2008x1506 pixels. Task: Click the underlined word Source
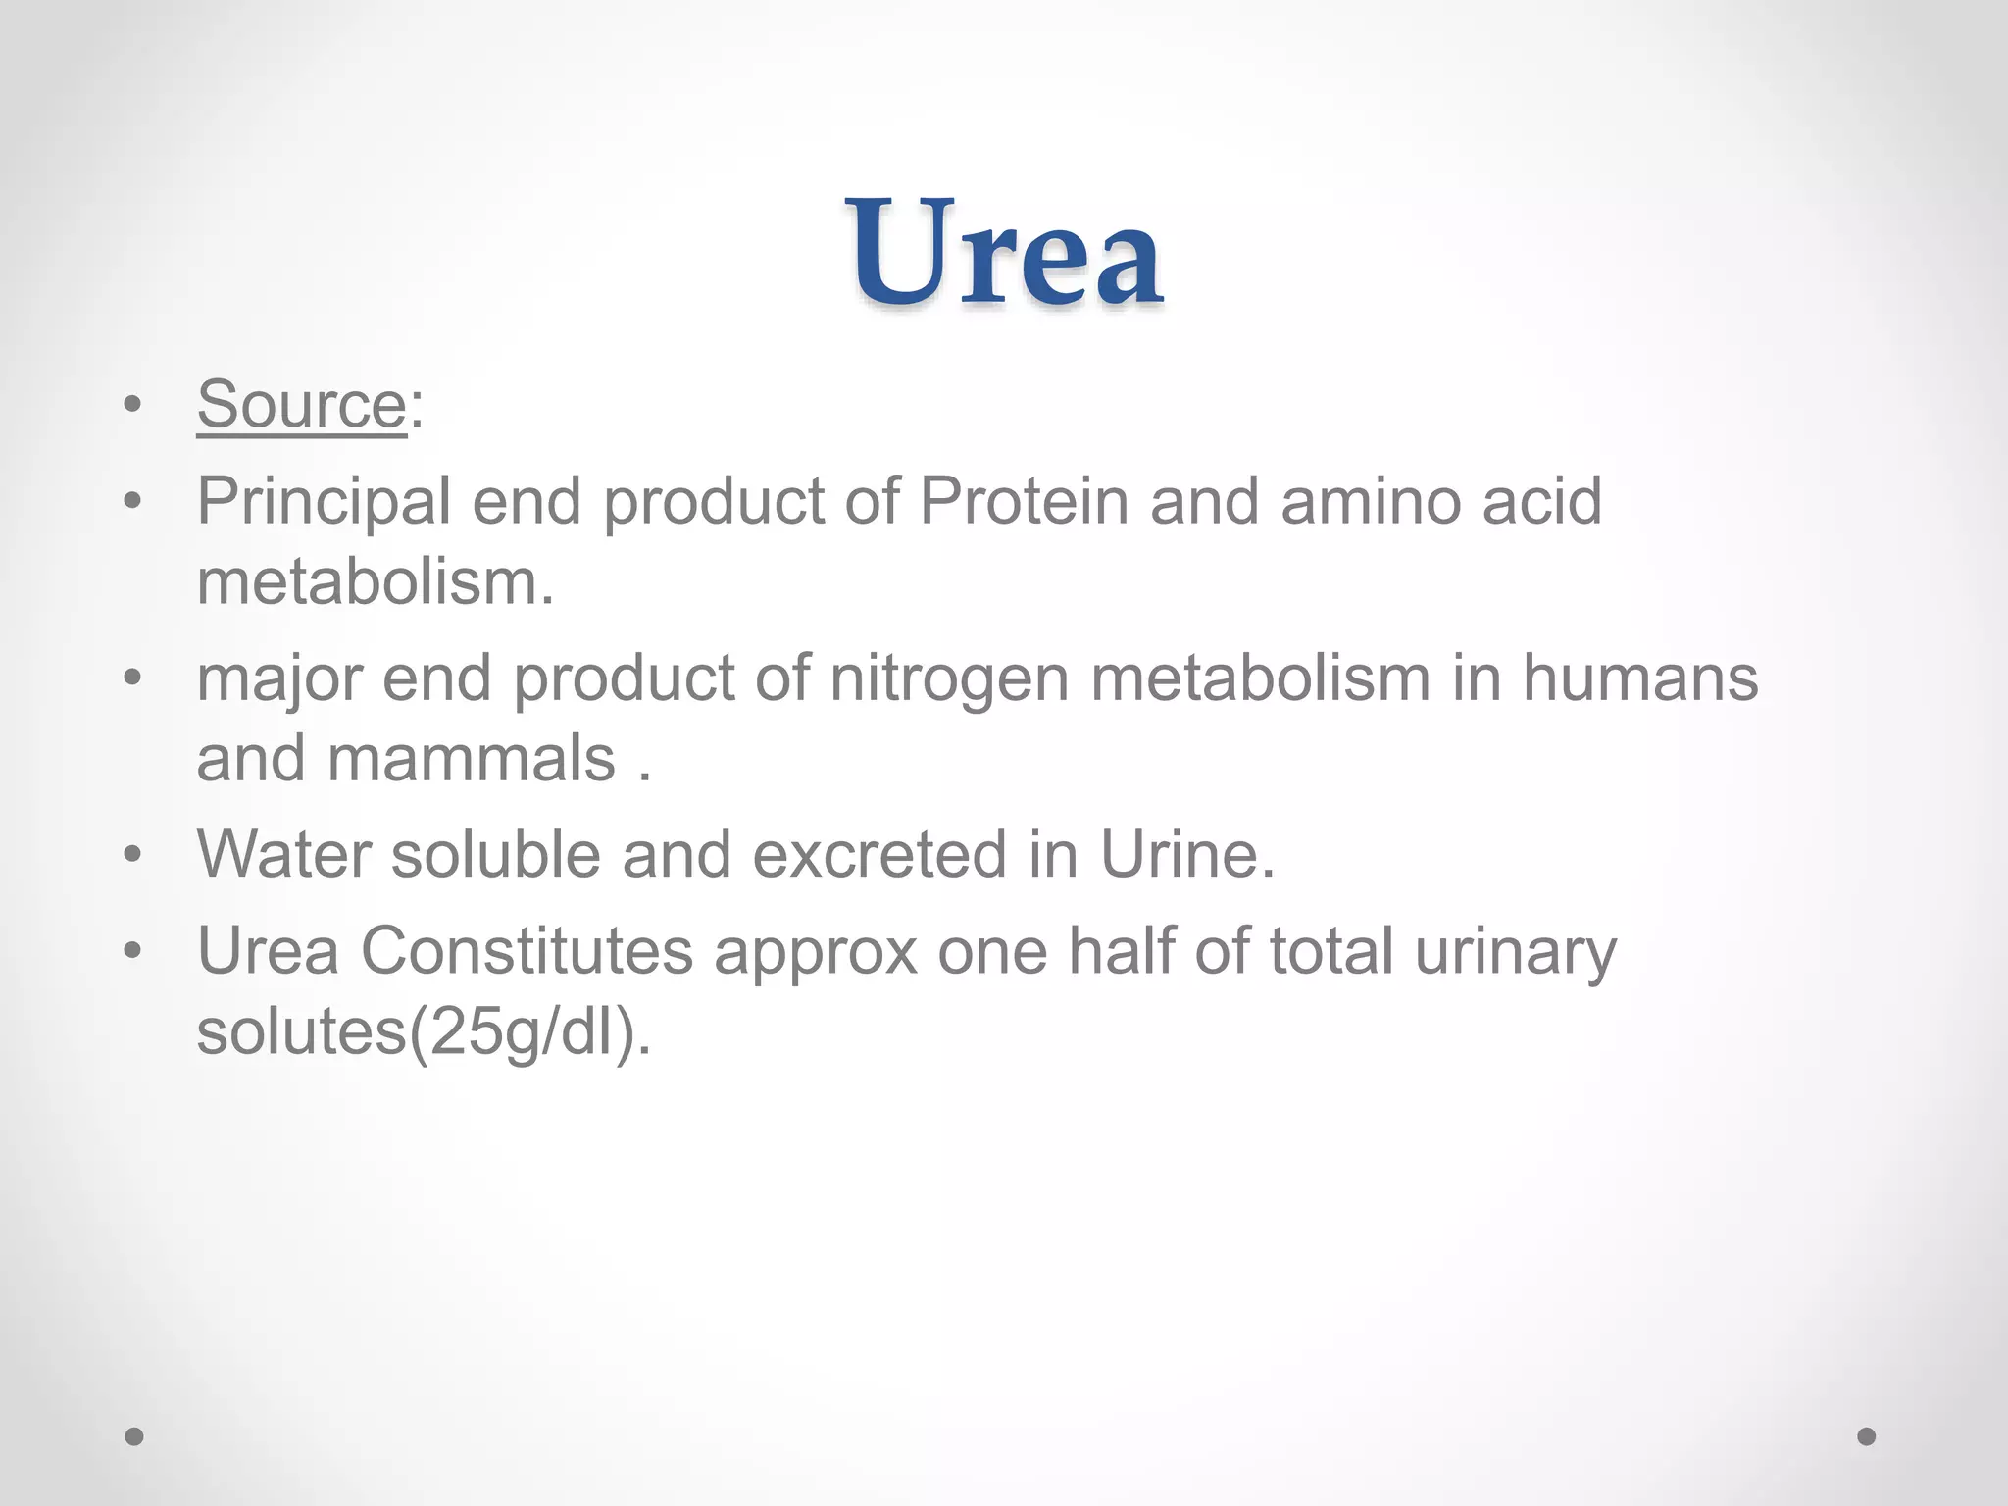coord(301,404)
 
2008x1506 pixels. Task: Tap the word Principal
coord(324,501)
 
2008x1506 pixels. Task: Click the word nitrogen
coord(948,679)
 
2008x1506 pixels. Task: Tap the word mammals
coord(471,758)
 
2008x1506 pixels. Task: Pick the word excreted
coord(879,854)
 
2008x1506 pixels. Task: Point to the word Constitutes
coord(527,950)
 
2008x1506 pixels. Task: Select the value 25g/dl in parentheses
coord(523,1032)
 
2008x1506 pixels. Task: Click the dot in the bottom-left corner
coord(134,1436)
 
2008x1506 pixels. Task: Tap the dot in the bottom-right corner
coord(1867,1436)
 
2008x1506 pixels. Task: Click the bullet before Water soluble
coord(133,854)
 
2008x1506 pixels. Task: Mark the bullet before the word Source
coord(133,404)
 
